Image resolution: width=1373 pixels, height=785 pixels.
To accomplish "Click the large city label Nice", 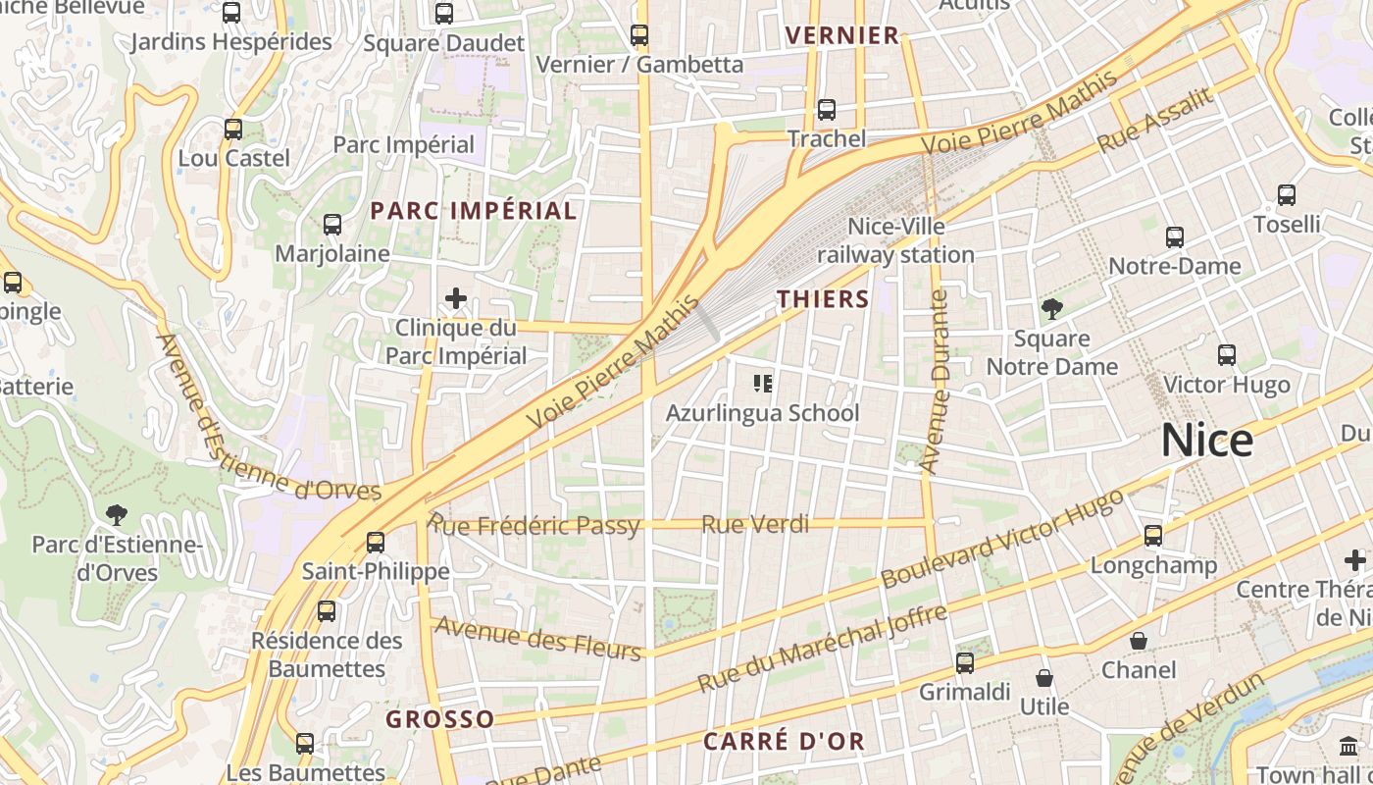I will tap(1206, 442).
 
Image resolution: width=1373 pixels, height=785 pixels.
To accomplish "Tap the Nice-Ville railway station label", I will tap(895, 240).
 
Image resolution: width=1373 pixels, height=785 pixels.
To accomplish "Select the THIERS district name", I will tap(823, 299).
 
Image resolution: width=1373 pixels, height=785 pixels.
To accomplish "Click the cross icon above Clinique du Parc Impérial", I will tap(456, 298).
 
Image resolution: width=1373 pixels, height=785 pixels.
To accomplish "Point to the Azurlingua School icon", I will tap(762, 383).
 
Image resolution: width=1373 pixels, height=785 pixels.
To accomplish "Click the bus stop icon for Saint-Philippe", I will tap(375, 542).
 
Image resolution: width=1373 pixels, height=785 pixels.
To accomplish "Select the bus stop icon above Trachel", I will tap(827, 109).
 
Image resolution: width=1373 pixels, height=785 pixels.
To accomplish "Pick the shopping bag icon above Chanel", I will tap(1139, 641).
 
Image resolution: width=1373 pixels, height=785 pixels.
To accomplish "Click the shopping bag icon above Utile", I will tap(1044, 678).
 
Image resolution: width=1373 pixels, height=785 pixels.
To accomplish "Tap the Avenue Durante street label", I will tap(938, 383).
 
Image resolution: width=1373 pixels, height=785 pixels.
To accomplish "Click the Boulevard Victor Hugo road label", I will tap(1001, 539).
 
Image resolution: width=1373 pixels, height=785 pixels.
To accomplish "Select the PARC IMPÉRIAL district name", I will tap(474, 210).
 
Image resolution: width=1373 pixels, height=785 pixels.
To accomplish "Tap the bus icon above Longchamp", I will tap(1153, 536).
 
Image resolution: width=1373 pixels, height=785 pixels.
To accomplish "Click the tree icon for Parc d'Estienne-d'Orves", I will tap(117, 514).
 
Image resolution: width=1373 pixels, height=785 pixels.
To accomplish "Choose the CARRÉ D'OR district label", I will tap(785, 741).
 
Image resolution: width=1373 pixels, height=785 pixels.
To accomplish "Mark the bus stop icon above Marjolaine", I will tap(332, 225).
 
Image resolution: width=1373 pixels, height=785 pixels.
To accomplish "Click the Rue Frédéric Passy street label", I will tap(534, 525).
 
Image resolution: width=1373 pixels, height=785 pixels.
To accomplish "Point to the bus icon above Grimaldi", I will tap(965, 663).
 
